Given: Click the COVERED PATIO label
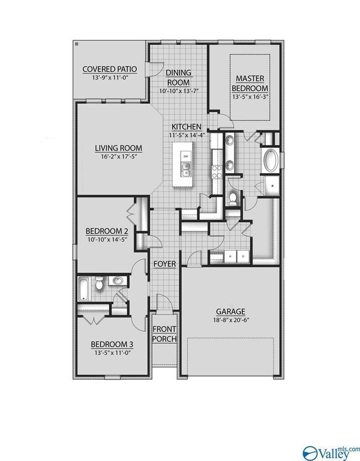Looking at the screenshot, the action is (x=110, y=69).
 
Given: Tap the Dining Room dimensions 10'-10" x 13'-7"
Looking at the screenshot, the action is (x=179, y=91).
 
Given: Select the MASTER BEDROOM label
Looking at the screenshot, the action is (x=250, y=83).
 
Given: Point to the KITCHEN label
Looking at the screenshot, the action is (x=187, y=127).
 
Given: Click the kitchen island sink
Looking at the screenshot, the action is (x=186, y=170).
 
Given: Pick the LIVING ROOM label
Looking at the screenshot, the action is (x=119, y=148).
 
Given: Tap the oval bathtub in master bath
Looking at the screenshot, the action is (x=271, y=161).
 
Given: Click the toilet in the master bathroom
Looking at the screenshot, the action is (x=233, y=199).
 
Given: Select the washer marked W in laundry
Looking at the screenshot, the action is (x=230, y=256).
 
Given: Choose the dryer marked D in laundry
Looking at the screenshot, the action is (x=243, y=256).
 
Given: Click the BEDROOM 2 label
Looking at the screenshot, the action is (x=106, y=231).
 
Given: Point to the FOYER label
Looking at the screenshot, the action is (x=164, y=264).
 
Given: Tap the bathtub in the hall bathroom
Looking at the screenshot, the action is (x=84, y=289).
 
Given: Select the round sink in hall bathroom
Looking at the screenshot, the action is (x=118, y=281).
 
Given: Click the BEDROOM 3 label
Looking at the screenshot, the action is (x=112, y=344).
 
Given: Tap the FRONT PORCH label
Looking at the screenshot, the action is (x=164, y=334).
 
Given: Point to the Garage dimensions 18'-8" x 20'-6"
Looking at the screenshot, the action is (x=231, y=320).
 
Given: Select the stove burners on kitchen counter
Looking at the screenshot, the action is (x=217, y=172).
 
